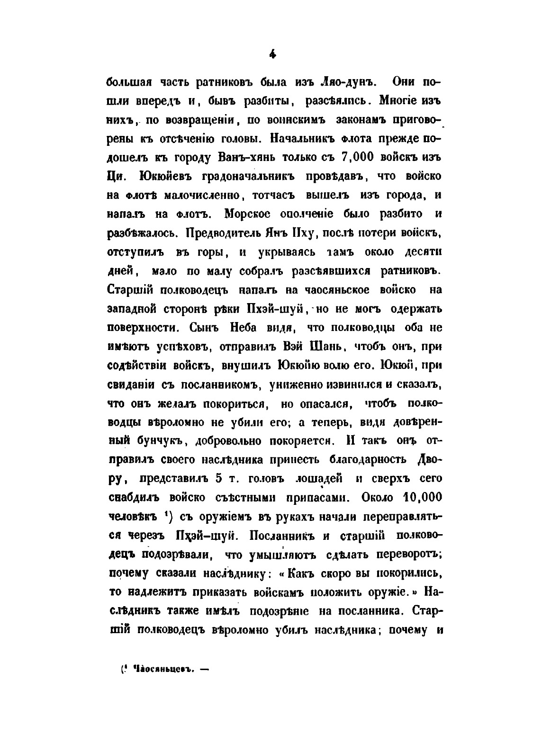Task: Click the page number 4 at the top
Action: [x=272, y=55]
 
